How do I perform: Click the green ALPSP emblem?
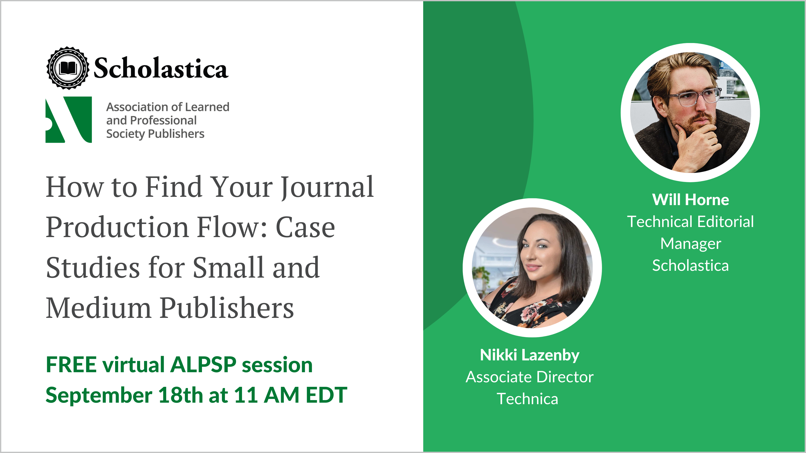69,120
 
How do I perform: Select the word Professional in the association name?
163,120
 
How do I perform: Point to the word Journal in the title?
327,187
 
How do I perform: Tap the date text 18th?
181,395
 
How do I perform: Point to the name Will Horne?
691,200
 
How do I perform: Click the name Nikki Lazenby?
530,355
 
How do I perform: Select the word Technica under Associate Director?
527,399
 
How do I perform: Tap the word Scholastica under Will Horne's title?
691,266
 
